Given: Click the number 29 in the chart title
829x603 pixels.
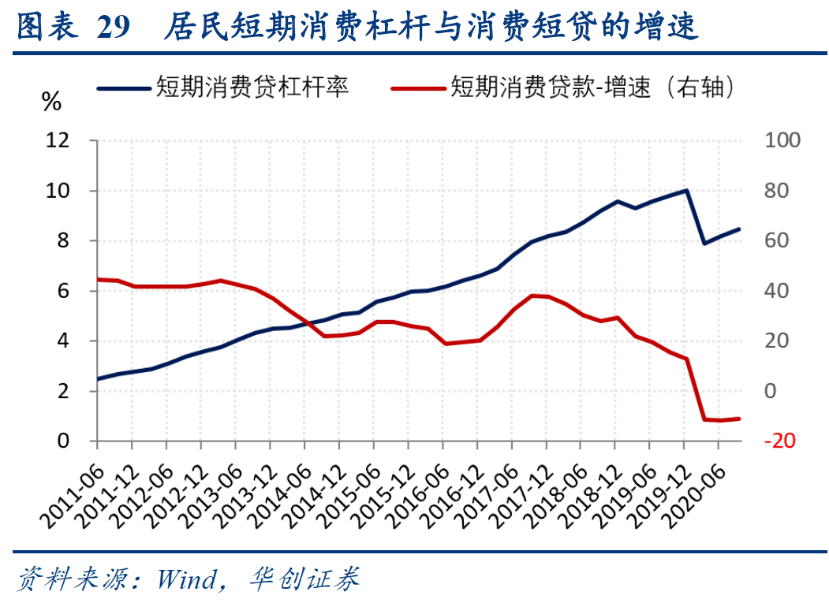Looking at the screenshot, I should coord(113,28).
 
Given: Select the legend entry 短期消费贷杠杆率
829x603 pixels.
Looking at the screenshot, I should coord(252,86).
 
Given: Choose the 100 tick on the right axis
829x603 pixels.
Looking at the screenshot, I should coord(782,140).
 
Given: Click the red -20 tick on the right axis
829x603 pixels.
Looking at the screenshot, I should coord(778,441).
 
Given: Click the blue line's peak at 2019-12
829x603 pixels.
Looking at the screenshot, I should coord(687,190).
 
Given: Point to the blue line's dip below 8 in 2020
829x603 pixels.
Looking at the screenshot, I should coord(704,244).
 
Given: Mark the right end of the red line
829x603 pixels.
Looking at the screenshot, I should coord(739,419).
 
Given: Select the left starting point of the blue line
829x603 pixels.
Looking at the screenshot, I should coord(98,379).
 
